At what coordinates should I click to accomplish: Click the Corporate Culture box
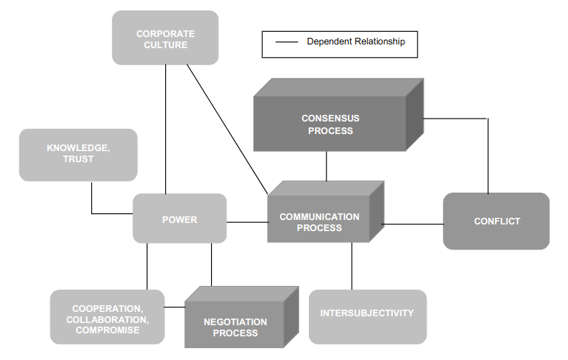tap(165, 39)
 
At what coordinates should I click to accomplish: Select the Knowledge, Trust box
tap(78, 154)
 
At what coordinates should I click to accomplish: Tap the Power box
tap(179, 219)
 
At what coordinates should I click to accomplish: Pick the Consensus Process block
tap(330, 124)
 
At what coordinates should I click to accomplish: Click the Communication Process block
tap(319, 221)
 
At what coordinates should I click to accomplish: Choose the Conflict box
tap(496, 221)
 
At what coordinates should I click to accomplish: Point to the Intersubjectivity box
tap(367, 314)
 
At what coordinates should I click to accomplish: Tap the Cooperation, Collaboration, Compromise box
tap(107, 319)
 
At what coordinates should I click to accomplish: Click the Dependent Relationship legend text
tap(355, 42)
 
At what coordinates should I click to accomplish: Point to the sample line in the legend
tap(286, 42)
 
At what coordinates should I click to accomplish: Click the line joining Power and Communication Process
tap(247, 221)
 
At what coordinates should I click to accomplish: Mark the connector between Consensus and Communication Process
tap(326, 166)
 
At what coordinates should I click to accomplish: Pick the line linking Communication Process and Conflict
tap(412, 223)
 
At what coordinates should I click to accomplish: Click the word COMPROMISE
tap(107, 330)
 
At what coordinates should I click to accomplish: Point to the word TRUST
tap(78, 159)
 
